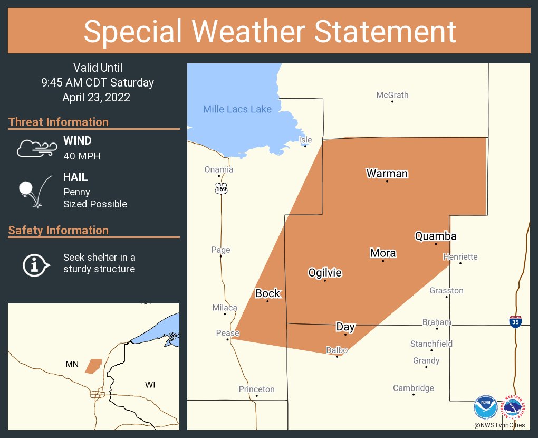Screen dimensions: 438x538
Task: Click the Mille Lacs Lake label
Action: (x=237, y=109)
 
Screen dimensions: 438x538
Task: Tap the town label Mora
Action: (x=383, y=253)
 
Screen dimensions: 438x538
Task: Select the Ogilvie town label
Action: (x=325, y=273)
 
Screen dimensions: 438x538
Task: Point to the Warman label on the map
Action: (x=387, y=173)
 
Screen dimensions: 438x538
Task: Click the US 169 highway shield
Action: (x=220, y=188)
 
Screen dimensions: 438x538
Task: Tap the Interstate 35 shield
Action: (x=516, y=321)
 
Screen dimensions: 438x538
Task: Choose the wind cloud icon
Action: (x=36, y=148)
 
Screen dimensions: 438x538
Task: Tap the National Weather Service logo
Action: (x=514, y=407)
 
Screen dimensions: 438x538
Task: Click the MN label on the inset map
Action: (x=72, y=364)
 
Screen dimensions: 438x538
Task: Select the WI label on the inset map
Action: (x=150, y=384)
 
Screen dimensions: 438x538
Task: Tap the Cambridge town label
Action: (x=414, y=388)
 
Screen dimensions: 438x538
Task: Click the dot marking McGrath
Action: (x=392, y=101)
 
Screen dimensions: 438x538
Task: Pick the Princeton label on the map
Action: (x=257, y=389)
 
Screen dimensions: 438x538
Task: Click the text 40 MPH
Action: (x=82, y=156)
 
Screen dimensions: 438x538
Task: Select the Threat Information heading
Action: (x=59, y=122)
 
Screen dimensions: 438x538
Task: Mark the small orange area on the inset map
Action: (x=94, y=365)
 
